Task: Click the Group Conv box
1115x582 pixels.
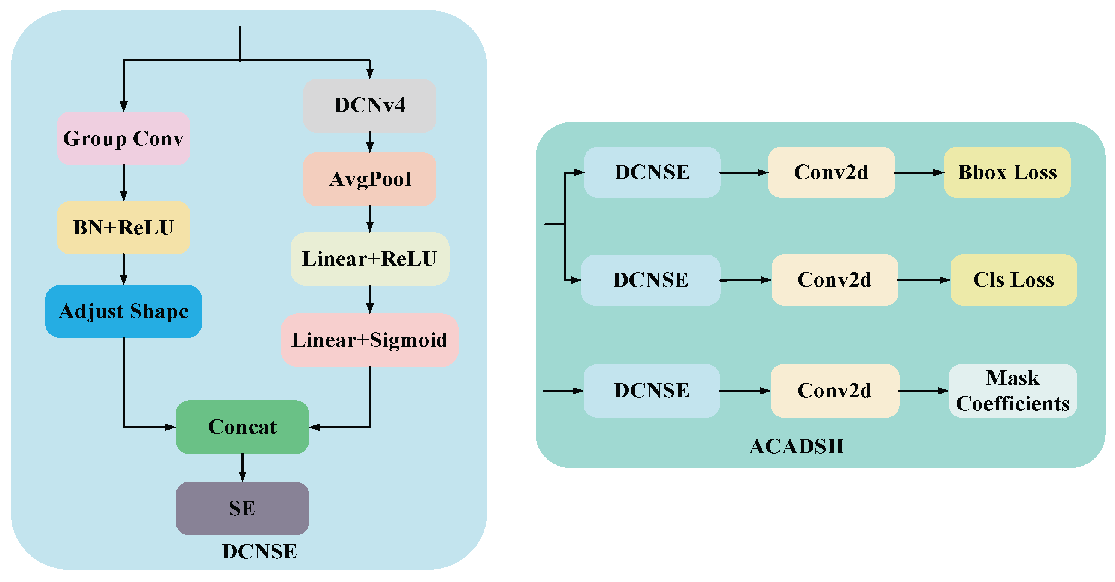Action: click(x=123, y=138)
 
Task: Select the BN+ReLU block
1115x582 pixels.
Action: click(x=123, y=227)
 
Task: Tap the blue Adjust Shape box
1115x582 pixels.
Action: click(x=123, y=311)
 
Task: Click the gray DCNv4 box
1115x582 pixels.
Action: click(x=370, y=105)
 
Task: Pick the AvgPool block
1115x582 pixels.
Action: click(x=370, y=179)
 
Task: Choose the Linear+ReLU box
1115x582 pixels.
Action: click(x=370, y=259)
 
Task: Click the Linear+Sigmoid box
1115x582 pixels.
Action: click(x=370, y=340)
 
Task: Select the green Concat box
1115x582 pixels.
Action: click(x=242, y=427)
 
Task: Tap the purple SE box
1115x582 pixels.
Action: click(x=242, y=508)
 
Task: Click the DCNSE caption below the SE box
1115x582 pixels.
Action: click(x=259, y=551)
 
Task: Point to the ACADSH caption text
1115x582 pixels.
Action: click(x=797, y=446)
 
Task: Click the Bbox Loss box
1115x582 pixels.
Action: click(x=1007, y=172)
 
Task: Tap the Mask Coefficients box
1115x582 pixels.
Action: click(x=1012, y=391)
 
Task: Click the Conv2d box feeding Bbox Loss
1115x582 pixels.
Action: click(x=831, y=172)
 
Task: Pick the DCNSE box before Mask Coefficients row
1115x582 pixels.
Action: click(x=652, y=391)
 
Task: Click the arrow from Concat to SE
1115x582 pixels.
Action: click(x=242, y=467)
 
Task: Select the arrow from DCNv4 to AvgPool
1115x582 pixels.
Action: click(x=370, y=142)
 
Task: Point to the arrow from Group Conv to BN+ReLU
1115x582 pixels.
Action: click(x=124, y=183)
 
